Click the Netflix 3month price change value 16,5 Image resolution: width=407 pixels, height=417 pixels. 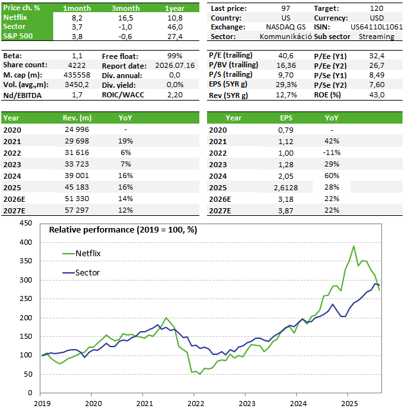tap(125, 18)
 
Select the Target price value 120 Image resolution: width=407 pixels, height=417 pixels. tap(376, 8)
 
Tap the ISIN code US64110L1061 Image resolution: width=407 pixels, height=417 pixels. tap(376, 27)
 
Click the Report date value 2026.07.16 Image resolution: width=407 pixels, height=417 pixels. tap(175, 65)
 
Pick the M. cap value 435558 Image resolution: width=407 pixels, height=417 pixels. tap(77, 75)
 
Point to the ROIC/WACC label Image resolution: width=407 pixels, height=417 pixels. tap(123, 95)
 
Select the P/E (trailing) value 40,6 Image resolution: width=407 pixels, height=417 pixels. tap(286, 56)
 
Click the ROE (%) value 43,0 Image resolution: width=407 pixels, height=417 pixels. tap(377, 95)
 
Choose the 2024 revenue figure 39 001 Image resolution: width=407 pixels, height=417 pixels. tap(77, 176)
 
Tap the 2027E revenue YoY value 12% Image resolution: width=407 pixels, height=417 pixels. tap(126, 210)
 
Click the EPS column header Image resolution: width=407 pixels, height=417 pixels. tap(286, 118)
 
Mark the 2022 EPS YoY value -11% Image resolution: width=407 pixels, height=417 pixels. tap(331, 152)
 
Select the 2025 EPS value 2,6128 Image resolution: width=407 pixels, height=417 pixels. tap(286, 188)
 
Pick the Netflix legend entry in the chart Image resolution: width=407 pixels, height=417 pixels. tap(81, 254)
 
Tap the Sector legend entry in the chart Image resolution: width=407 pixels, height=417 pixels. tap(81, 273)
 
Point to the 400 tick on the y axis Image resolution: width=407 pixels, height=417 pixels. tap(26, 242)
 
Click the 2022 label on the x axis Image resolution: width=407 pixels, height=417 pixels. tap(195, 404)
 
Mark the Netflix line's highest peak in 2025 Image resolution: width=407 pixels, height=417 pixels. tap(354, 246)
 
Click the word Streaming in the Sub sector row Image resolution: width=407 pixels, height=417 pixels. tap(376, 37)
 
